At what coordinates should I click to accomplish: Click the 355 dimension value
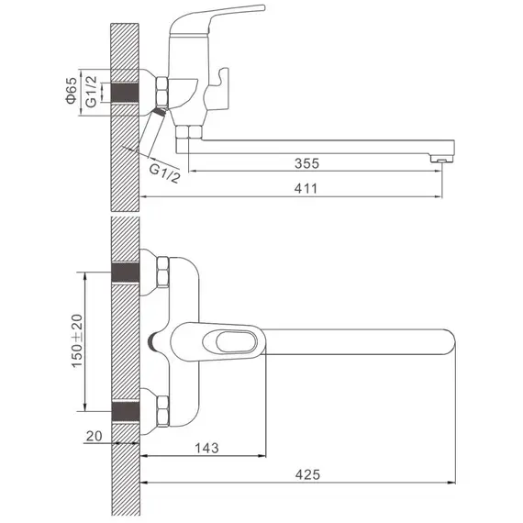pos(306,163)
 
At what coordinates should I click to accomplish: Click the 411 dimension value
pos(306,189)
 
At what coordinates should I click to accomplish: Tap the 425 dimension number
pos(307,474)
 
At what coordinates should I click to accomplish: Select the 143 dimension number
pos(206,448)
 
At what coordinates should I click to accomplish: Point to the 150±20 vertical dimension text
pos(77,340)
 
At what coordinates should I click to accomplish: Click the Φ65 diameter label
pos(72,91)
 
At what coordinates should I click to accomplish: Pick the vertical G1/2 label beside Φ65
pos(91,92)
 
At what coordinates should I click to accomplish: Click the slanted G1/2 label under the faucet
pos(164,173)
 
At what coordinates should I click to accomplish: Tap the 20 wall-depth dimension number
pos(95,436)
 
